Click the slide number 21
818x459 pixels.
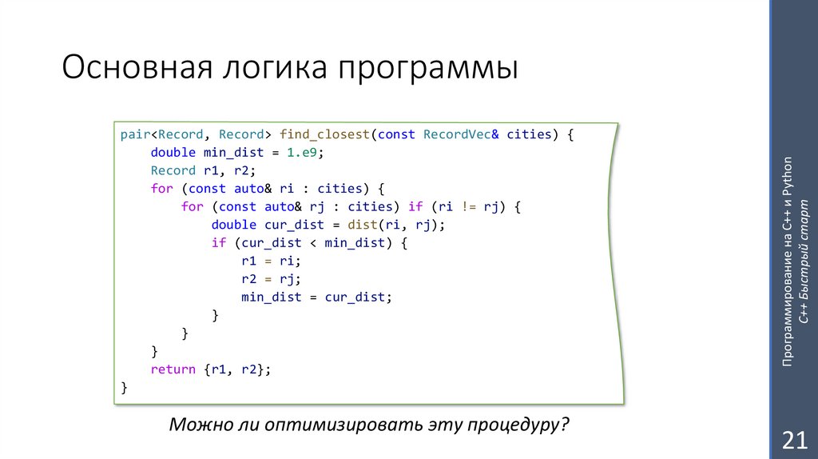click(x=793, y=439)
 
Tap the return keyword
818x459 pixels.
click(x=173, y=369)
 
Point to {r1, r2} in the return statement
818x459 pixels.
click(x=237, y=369)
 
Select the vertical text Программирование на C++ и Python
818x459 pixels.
click(x=788, y=260)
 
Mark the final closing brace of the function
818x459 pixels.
click(x=124, y=387)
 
